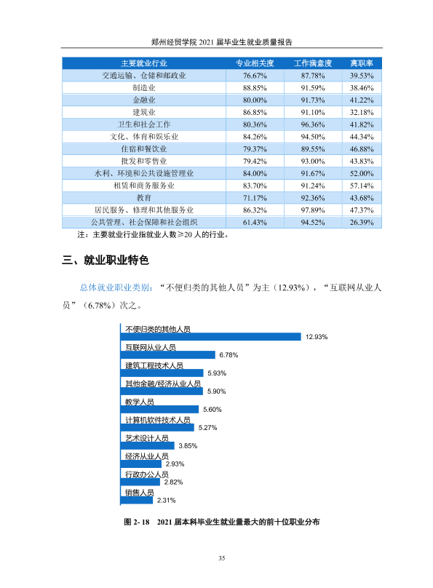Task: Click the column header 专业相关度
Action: point(255,63)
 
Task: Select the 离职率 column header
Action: point(362,63)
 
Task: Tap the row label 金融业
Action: point(144,100)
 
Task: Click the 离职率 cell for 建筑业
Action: point(362,112)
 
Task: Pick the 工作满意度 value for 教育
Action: point(313,198)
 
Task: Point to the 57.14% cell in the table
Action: point(362,186)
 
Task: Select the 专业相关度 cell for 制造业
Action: point(255,88)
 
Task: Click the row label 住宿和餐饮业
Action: point(144,149)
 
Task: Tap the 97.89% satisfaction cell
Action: point(313,210)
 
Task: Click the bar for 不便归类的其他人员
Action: point(211,337)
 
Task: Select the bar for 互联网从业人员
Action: point(168,354)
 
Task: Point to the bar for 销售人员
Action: point(137,500)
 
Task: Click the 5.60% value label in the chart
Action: point(212,410)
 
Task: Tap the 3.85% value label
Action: point(188,446)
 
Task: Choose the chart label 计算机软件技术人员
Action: point(157,420)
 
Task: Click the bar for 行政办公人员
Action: point(140,482)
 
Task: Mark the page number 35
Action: point(221,558)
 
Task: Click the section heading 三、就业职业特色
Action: point(106,260)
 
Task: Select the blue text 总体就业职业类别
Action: point(115,287)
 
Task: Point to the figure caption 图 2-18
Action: point(137,522)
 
